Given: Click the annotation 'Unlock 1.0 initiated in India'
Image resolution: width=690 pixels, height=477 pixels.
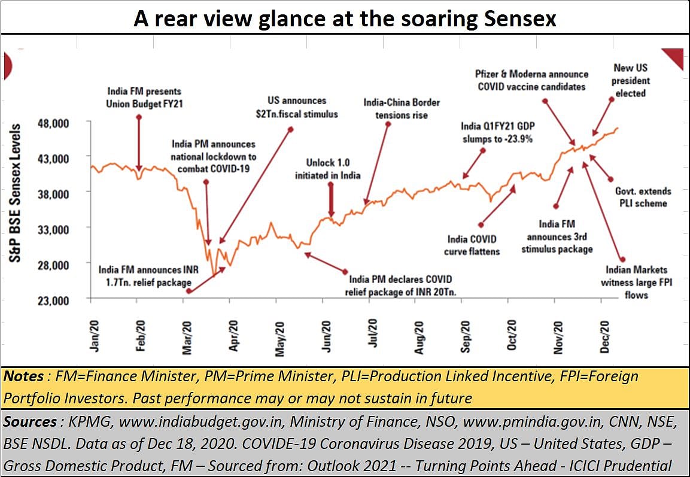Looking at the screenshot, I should click(327, 169).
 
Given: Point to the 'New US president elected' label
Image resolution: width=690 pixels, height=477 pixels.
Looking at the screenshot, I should click(631, 81).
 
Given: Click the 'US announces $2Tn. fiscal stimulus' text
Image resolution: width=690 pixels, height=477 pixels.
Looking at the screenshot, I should click(297, 107).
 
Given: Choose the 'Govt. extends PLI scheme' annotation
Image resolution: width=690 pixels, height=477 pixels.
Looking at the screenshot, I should click(643, 197).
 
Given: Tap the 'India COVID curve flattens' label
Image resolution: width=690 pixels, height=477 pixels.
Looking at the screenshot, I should click(472, 245).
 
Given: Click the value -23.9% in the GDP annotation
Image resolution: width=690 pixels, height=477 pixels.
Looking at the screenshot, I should click(516, 138).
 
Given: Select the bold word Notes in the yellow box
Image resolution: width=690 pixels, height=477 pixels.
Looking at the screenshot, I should click(23, 377).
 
